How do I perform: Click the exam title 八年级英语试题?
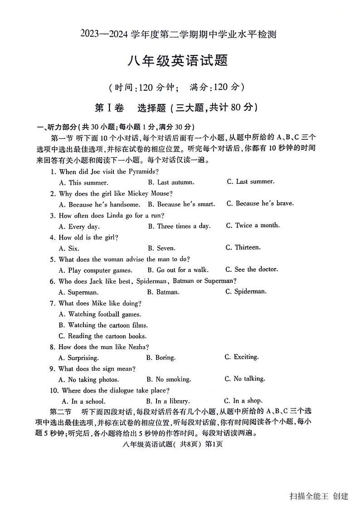tap(180, 60)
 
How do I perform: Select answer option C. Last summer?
tap(250, 181)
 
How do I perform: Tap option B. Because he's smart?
tap(181, 204)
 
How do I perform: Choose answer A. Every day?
tap(79, 226)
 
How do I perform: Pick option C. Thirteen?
tap(243, 247)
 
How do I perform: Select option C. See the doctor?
tap(252, 269)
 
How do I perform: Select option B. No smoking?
tap(169, 379)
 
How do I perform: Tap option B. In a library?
tap(168, 401)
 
